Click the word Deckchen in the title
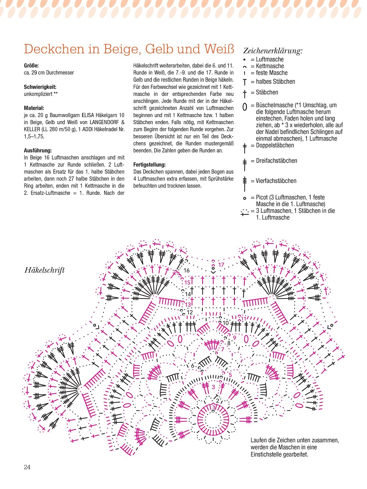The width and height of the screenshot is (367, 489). [x=54, y=49]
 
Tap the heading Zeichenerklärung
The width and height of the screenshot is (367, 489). [x=273, y=51]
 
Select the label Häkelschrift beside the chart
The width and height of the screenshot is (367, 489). [x=44, y=270]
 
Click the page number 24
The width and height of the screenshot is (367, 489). [x=27, y=467]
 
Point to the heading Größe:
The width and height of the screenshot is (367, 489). [x=31, y=66]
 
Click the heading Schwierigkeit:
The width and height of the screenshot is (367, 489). [x=40, y=87]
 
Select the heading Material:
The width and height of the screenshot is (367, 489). [x=34, y=108]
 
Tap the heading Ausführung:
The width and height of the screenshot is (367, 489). [x=38, y=150]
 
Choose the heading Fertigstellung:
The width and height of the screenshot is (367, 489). [x=149, y=164]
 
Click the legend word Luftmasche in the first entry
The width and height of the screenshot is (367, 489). [x=270, y=59]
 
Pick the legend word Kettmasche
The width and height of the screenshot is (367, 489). [x=270, y=66]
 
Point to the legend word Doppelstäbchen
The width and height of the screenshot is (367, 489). [x=275, y=145]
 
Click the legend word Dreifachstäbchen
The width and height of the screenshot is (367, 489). [x=276, y=161]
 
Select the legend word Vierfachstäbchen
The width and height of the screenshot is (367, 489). [x=276, y=181]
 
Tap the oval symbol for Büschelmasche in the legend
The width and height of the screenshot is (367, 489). [x=245, y=107]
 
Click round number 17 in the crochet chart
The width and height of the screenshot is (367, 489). [x=221, y=265]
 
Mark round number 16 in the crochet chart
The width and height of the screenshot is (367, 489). [x=187, y=271]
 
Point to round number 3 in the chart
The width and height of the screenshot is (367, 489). [x=214, y=387]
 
